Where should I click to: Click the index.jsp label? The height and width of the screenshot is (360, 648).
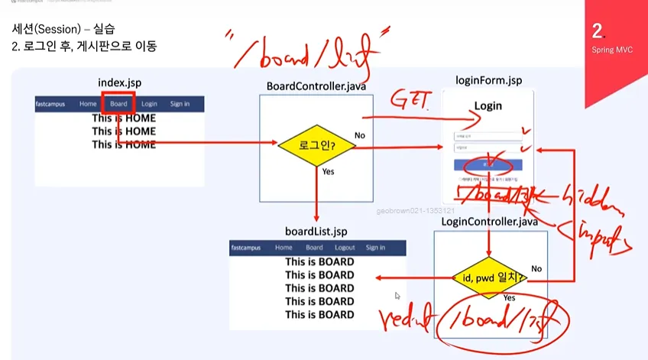point(119,82)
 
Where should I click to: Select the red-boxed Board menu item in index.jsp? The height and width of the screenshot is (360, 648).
point(118,104)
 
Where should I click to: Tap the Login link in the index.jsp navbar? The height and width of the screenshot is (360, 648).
point(149,104)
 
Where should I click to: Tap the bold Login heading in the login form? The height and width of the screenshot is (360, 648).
point(488,105)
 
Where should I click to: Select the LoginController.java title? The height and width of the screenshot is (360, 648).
point(489,222)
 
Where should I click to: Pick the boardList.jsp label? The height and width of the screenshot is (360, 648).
point(316,231)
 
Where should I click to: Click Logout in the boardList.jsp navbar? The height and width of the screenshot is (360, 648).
point(345,248)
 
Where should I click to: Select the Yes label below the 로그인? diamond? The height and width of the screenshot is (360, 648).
point(329,172)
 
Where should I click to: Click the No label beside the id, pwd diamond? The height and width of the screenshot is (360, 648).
point(536,268)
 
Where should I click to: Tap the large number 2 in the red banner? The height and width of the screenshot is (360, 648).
point(597,31)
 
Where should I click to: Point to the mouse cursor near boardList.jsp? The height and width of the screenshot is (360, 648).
point(397,295)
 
